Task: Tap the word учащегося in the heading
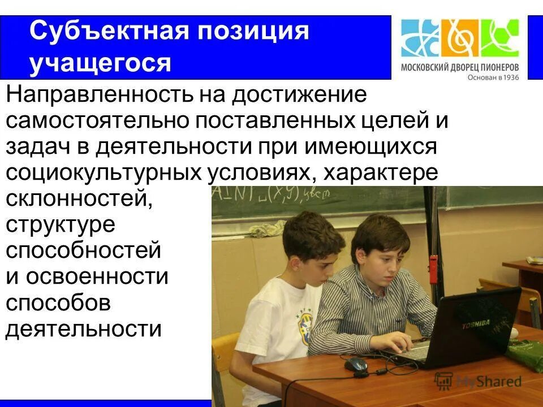[100, 63]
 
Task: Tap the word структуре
[61, 225]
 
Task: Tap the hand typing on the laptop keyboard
[402, 343]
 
